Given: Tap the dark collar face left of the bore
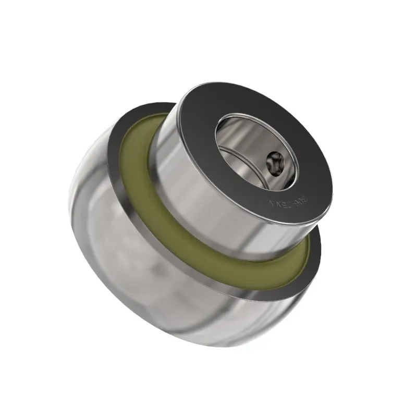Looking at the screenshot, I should tap(198, 125).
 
